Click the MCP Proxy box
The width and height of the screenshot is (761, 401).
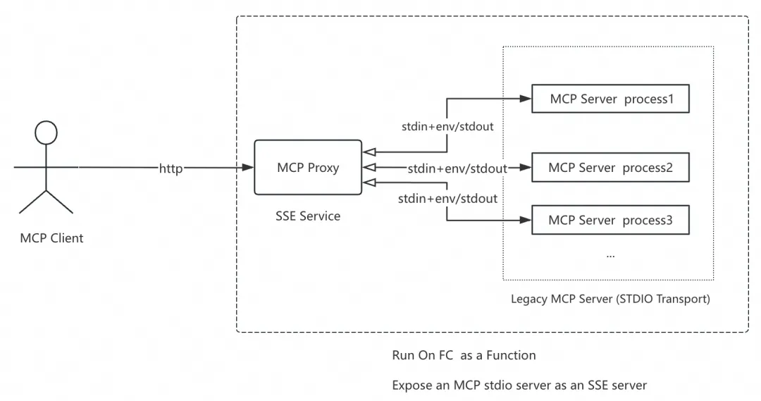pyautogui.click(x=307, y=167)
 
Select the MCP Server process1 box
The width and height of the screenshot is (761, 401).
pyautogui.click(x=610, y=99)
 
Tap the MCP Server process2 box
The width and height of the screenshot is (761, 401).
pyautogui.click(x=610, y=168)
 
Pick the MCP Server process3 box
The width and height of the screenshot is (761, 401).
pyautogui.click(x=610, y=221)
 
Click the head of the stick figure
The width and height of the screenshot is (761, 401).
pyautogui.click(x=46, y=132)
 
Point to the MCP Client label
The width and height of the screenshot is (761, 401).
pyautogui.click(x=51, y=238)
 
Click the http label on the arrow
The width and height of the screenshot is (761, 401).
pyautogui.click(x=171, y=168)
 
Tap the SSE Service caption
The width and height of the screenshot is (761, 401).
pyautogui.click(x=307, y=216)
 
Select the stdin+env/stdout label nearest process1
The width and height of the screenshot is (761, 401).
pyautogui.click(x=447, y=127)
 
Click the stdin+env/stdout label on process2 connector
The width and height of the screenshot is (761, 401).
pyautogui.click(x=457, y=168)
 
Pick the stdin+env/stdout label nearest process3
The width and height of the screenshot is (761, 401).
pyautogui.click(x=447, y=199)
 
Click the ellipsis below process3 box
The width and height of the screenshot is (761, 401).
pyautogui.click(x=610, y=254)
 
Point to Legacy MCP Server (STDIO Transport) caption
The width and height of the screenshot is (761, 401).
pyautogui.click(x=610, y=299)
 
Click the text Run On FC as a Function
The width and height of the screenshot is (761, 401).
pyautogui.click(x=464, y=355)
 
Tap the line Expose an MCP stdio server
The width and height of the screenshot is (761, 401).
pyautogui.click(x=519, y=385)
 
